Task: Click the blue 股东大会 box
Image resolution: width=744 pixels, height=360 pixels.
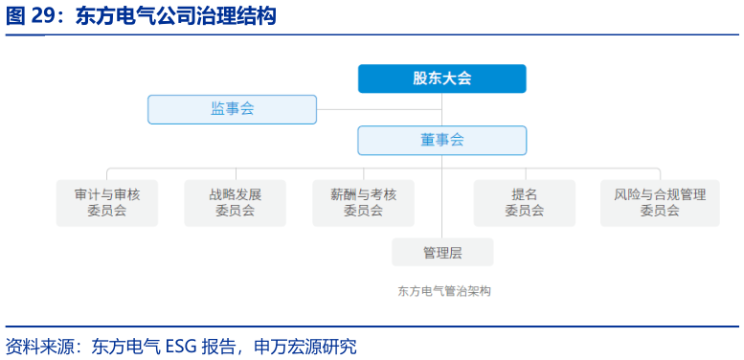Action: [x=441, y=79]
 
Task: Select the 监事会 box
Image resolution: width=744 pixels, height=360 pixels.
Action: [x=232, y=109]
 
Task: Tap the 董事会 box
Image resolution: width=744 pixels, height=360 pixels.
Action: [x=441, y=140]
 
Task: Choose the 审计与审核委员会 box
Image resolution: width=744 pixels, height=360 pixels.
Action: [x=107, y=203]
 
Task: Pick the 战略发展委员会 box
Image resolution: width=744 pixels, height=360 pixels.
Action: [x=235, y=203]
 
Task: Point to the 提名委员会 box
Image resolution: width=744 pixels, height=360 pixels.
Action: [x=524, y=203]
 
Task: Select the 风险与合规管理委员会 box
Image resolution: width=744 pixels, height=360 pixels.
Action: [x=660, y=203]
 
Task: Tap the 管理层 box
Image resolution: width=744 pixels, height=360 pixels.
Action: [x=442, y=253]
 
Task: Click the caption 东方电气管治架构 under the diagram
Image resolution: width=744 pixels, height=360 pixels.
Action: [x=443, y=291]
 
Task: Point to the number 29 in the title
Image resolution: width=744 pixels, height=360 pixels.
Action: [x=43, y=16]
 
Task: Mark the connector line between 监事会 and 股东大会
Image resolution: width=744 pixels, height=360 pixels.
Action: [x=383, y=109]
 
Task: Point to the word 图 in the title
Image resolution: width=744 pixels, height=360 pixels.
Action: [x=13, y=16]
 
